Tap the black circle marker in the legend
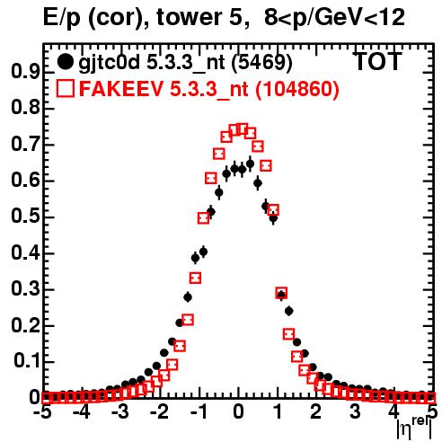point(65,62)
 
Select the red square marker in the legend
point(65,88)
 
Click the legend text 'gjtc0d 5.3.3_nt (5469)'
point(185,63)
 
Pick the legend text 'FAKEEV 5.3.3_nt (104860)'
point(209,89)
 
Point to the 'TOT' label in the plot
point(377,61)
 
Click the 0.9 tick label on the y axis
point(25,72)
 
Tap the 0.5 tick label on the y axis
point(25,217)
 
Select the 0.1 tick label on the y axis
point(27,362)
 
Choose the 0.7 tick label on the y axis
point(25,145)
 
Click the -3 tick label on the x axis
point(120,412)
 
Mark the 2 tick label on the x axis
point(316,412)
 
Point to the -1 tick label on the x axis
point(198,412)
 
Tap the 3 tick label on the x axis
point(355,412)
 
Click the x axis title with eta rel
point(414,429)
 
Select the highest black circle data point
point(250,164)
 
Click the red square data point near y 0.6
point(211,178)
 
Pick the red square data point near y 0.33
point(195,278)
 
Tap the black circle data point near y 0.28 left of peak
point(188,297)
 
